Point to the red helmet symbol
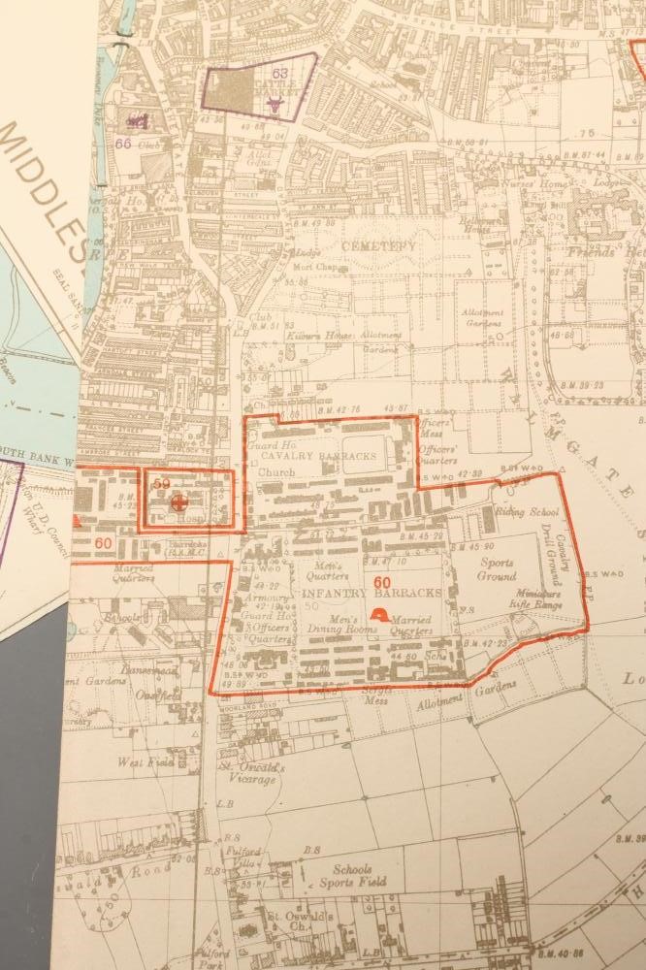click(x=380, y=615)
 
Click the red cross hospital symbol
click(x=178, y=501)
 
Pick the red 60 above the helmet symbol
click(x=381, y=582)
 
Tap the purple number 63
click(x=280, y=73)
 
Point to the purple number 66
click(x=123, y=143)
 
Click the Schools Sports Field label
click(x=352, y=876)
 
